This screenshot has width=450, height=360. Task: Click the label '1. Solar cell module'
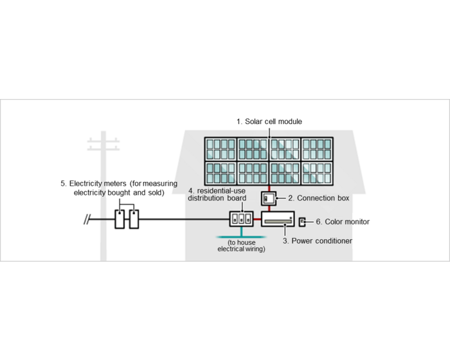[269, 122]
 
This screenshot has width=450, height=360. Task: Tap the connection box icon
[268, 199]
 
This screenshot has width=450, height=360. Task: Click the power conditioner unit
[278, 221]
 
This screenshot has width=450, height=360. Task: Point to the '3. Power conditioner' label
[318, 241]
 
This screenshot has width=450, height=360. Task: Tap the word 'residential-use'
[224, 191]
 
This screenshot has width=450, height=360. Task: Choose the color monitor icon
[302, 222]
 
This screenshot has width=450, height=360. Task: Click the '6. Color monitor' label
[343, 222]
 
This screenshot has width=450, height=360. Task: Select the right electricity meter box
[134, 220]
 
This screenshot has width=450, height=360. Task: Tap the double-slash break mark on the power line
[87, 220]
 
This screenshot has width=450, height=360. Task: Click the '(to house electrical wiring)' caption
[242, 245]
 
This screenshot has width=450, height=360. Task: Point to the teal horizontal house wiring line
[241, 236]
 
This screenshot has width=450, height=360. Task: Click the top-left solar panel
[221, 149]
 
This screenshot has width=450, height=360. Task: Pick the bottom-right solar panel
[317, 172]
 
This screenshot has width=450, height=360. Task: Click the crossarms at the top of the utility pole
[104, 143]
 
